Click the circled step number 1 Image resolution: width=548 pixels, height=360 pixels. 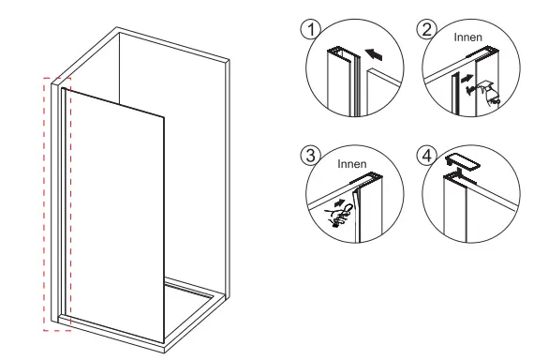point(304,28)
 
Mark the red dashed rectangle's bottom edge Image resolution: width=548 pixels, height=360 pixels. point(57,330)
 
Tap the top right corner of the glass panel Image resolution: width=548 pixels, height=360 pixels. point(165,117)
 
